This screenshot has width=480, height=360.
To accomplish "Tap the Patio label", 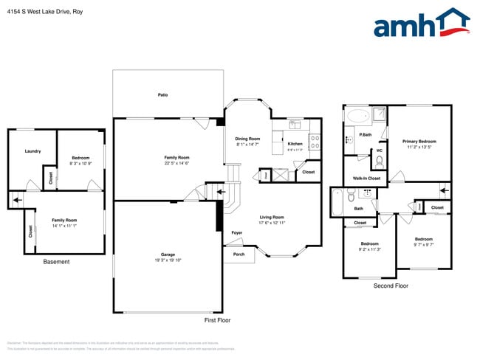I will click(162, 95).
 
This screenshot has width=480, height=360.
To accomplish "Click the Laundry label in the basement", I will click(32, 151).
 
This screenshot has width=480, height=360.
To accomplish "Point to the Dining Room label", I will click(248, 139).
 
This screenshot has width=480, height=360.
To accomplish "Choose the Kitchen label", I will click(295, 144).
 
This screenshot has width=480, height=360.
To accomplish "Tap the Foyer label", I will click(237, 233).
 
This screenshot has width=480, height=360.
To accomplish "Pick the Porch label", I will click(239, 255).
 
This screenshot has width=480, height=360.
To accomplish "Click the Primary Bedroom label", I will click(419, 142).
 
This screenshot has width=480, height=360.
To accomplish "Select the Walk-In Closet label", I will click(366, 179).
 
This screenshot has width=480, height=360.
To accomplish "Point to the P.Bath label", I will click(365, 135).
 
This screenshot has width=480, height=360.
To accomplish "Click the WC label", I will click(379, 151).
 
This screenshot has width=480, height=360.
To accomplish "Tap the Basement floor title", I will click(56, 262).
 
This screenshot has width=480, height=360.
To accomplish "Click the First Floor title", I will click(218, 320).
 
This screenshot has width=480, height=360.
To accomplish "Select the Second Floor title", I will click(391, 285).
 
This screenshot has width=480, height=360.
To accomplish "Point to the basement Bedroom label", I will click(80, 158).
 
